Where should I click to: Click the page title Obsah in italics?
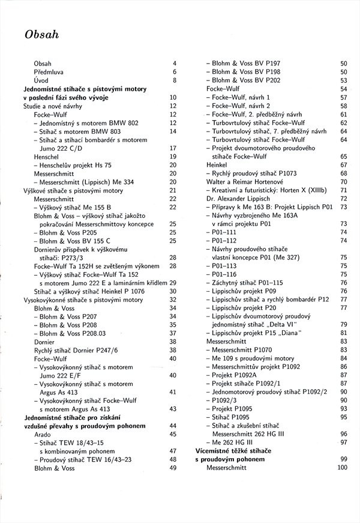coord(41,35)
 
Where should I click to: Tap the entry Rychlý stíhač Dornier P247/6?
coord(76,350)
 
